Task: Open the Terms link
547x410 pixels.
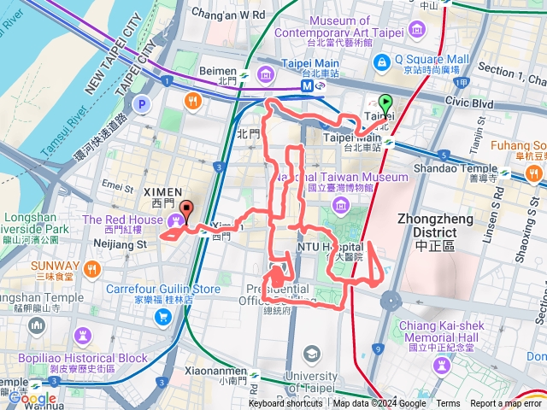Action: pyautogui.click(x=448, y=404)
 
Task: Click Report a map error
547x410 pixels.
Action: pyautogui.click(x=507, y=404)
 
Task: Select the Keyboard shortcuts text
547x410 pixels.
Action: pyautogui.click(x=285, y=404)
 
